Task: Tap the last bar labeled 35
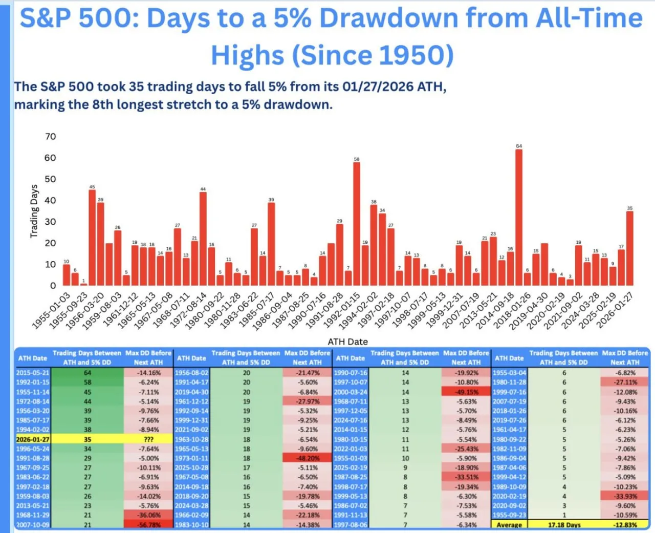click(629, 248)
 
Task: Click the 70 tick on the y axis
click(50, 137)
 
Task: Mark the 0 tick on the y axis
click(53, 286)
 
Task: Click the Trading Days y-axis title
click(34, 211)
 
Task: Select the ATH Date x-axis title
click(347, 342)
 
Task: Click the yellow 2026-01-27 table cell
click(33, 439)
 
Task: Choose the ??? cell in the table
click(148, 439)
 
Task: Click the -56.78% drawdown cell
click(148, 525)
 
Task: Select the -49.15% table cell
click(466, 392)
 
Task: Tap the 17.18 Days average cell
click(564, 525)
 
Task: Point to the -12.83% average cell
click(625, 525)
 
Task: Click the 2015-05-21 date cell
click(33, 373)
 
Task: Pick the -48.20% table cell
click(308, 458)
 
